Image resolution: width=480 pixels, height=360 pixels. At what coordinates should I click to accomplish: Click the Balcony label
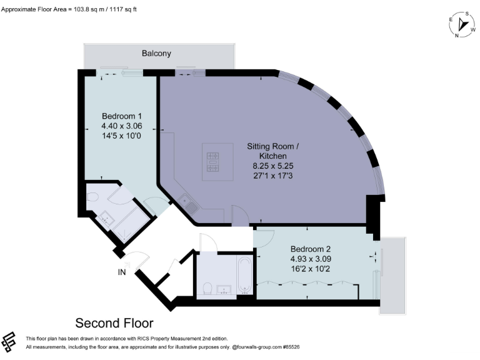[x=156, y=54]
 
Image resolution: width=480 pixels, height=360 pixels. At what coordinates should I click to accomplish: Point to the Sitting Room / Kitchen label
[x=273, y=151]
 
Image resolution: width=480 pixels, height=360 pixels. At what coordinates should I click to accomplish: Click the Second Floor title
[x=114, y=323]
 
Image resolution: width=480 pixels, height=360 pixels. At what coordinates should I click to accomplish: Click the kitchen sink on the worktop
[x=189, y=202]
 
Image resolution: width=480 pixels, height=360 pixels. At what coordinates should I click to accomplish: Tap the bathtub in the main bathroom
[x=246, y=274]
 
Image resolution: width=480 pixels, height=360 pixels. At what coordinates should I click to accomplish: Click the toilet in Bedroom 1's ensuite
[x=93, y=198]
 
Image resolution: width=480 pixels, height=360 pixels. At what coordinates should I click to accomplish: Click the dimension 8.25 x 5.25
[x=273, y=166]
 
